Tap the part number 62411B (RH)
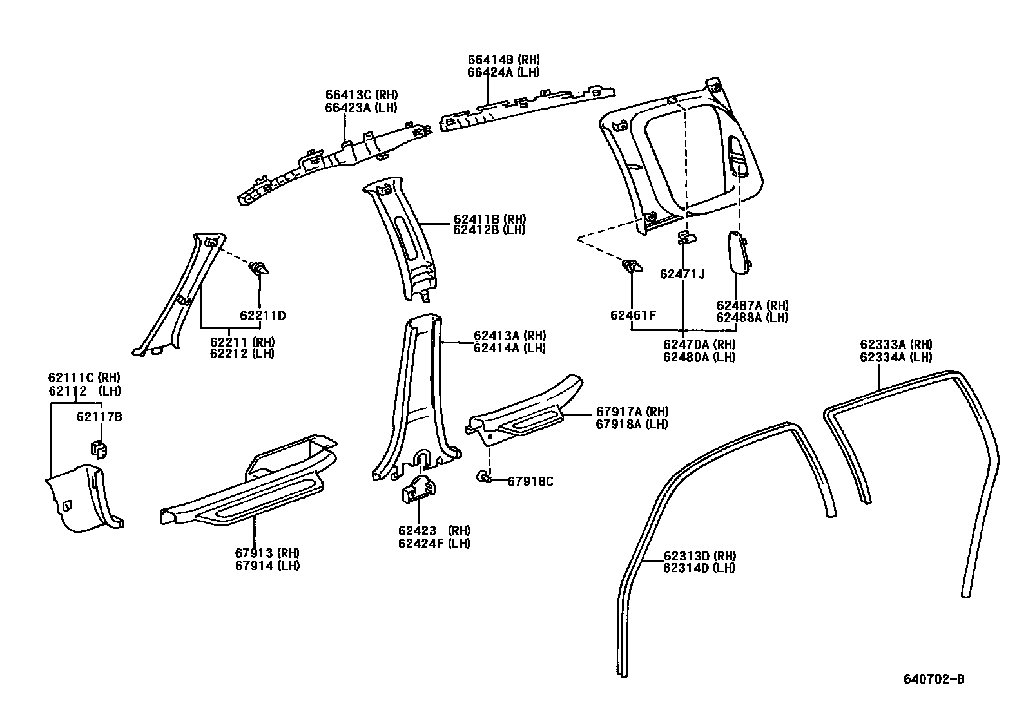pos(489,218)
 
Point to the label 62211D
pos(262,316)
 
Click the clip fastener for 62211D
pos(260,268)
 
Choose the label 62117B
pos(99,417)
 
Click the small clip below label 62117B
pos(97,447)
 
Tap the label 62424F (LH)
pos(434,543)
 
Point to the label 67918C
pos(530,481)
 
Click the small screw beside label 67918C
pos(484,477)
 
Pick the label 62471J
pos(682,274)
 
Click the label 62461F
pos(633,315)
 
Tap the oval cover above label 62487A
pos(737,253)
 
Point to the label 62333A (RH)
pos(896,345)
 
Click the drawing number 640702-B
pos(933,678)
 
